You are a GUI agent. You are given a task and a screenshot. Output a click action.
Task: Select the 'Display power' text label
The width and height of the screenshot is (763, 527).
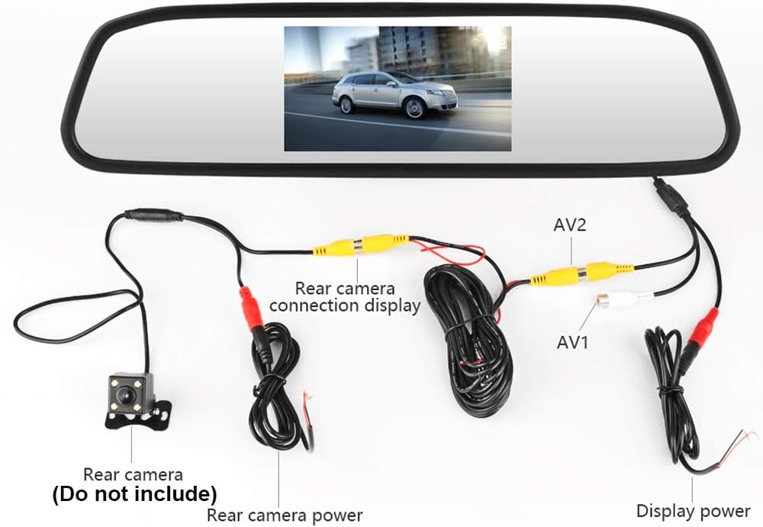pyautogui.click(x=693, y=511)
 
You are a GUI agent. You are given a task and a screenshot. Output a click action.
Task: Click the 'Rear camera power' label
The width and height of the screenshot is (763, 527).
pyautogui.click(x=285, y=515)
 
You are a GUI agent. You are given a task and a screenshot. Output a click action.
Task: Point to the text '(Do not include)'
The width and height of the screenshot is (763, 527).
pyautogui.click(x=134, y=492)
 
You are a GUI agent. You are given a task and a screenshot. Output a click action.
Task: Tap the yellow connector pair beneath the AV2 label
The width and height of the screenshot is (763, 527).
pyautogui.click(x=582, y=273)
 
